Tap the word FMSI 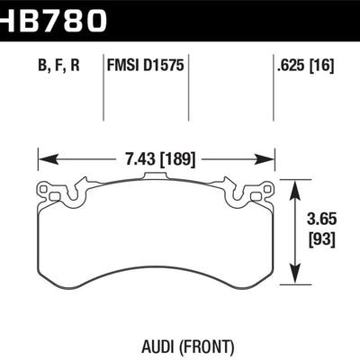pyautogui.click(x=124, y=66)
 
